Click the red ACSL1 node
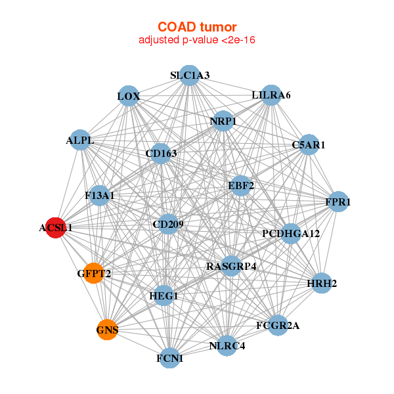(x=56, y=228)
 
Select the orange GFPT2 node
(x=94, y=273)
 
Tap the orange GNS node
(x=107, y=330)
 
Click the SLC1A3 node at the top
(x=189, y=76)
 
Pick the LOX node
(x=129, y=97)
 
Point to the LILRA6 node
(x=271, y=95)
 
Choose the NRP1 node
(x=223, y=121)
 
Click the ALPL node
(x=80, y=141)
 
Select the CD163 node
(x=161, y=154)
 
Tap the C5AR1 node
(x=308, y=144)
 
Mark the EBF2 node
(x=240, y=185)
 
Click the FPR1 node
(x=338, y=202)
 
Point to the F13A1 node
(x=99, y=195)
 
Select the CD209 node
(x=168, y=225)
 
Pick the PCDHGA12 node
(x=291, y=233)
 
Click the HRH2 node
(x=321, y=284)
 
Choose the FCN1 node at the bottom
(x=170, y=358)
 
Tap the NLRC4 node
(x=227, y=345)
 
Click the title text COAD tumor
(x=197, y=27)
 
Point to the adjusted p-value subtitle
(x=197, y=40)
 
